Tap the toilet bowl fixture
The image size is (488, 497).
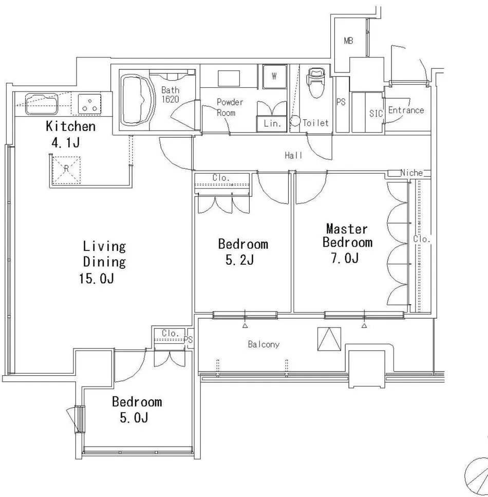point(316,83)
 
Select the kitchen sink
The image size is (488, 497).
point(42,104)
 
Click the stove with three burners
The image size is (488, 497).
point(90,104)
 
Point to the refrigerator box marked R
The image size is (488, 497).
point(66,170)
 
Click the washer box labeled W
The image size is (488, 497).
point(274,77)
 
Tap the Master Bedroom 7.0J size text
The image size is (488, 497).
point(345,259)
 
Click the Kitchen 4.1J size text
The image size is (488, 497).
point(65,143)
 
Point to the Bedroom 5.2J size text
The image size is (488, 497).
point(239,260)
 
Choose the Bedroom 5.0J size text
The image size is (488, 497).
point(134,417)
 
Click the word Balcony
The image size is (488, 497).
point(264,344)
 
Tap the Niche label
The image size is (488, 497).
point(411,173)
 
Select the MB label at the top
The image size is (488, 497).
point(349,41)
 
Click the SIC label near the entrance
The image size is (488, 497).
point(376,113)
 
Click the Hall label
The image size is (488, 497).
point(293,155)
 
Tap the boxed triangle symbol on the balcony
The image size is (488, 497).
point(329,339)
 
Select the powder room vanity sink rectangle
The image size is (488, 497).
point(229,78)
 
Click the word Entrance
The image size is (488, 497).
point(406,110)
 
